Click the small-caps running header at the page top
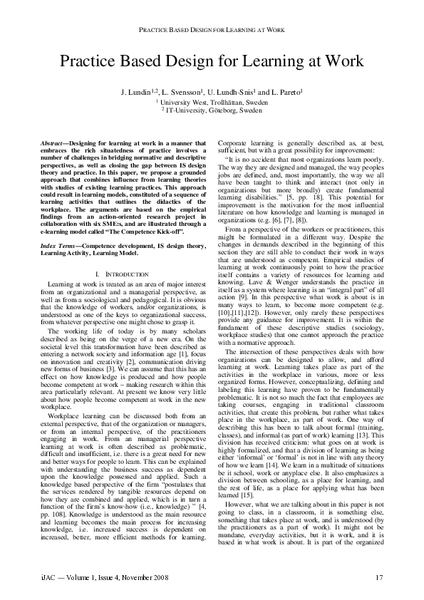point(212,30)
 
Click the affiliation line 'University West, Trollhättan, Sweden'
point(212,103)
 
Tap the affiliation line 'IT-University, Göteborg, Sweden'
point(212,111)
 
